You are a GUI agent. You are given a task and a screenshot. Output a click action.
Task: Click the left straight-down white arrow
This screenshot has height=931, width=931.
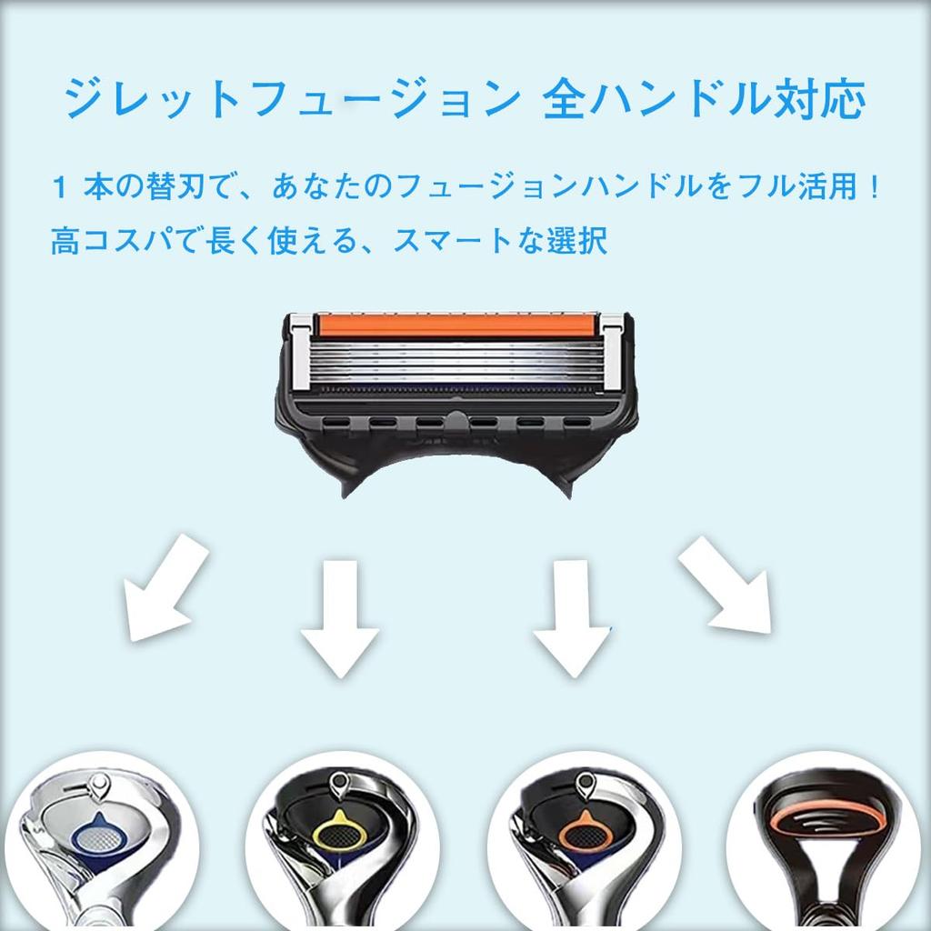point(340,618)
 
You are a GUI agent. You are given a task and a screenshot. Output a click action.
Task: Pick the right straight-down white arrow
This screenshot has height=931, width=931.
point(572,618)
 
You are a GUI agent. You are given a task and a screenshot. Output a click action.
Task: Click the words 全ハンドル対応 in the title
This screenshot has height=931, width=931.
point(705,98)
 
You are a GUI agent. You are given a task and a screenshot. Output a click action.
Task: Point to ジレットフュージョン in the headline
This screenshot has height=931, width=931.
point(292,98)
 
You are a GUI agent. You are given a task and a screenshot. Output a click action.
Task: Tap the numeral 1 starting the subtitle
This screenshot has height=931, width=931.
point(59,187)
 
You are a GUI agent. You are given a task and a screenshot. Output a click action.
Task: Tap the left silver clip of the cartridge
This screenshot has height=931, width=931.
point(300,353)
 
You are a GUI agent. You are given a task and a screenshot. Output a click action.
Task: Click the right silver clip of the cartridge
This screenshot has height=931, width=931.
point(613,354)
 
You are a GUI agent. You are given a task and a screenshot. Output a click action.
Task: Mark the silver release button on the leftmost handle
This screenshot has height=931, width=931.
point(98,786)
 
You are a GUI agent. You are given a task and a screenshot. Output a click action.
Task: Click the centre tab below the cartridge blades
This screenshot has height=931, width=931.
point(455,421)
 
